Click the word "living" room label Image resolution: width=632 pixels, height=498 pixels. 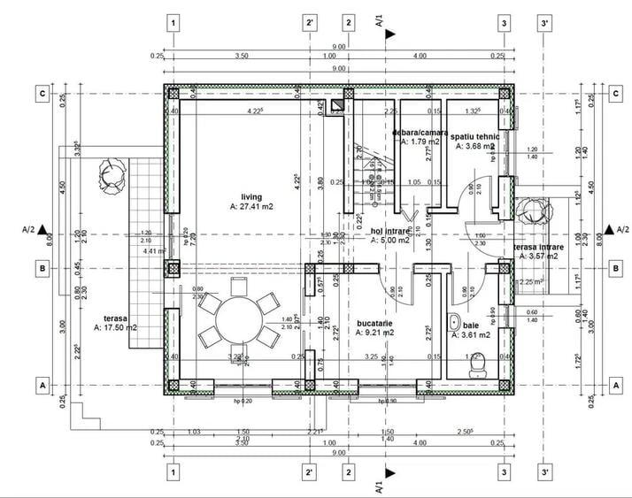click(x=252, y=197)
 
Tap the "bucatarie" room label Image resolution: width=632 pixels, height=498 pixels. click(x=374, y=324)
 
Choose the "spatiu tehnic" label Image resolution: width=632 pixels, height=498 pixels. click(x=474, y=136)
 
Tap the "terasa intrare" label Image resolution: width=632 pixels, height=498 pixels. click(x=536, y=248)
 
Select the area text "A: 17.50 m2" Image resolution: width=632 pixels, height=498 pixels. click(x=115, y=327)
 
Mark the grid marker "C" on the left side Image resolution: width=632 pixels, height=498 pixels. click(x=41, y=93)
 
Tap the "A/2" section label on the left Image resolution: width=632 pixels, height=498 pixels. click(x=28, y=229)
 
